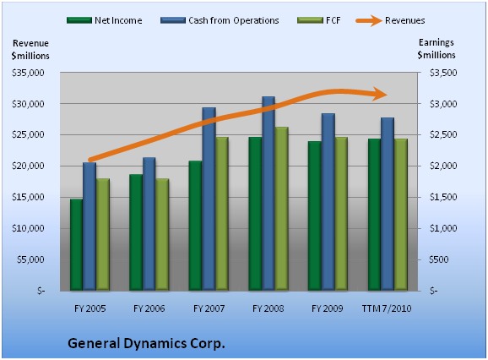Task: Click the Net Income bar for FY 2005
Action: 76,245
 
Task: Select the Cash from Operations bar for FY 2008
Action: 268,194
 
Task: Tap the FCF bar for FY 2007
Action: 222,214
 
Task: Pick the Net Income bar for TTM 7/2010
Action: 374,215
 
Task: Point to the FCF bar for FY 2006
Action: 162,235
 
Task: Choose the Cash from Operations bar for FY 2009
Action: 328,202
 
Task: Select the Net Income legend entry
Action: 105,20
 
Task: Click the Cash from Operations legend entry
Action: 220,20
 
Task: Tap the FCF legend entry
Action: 319,20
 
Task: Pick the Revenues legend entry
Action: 391,20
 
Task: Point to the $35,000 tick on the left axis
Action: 28,73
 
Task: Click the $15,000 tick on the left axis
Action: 28,197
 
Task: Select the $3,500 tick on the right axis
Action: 443,73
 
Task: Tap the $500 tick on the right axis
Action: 439,259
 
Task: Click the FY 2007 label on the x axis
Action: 209,308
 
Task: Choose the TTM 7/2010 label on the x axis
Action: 387,308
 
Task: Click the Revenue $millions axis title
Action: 30,50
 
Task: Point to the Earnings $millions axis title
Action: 436,48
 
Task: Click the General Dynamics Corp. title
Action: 146,343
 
